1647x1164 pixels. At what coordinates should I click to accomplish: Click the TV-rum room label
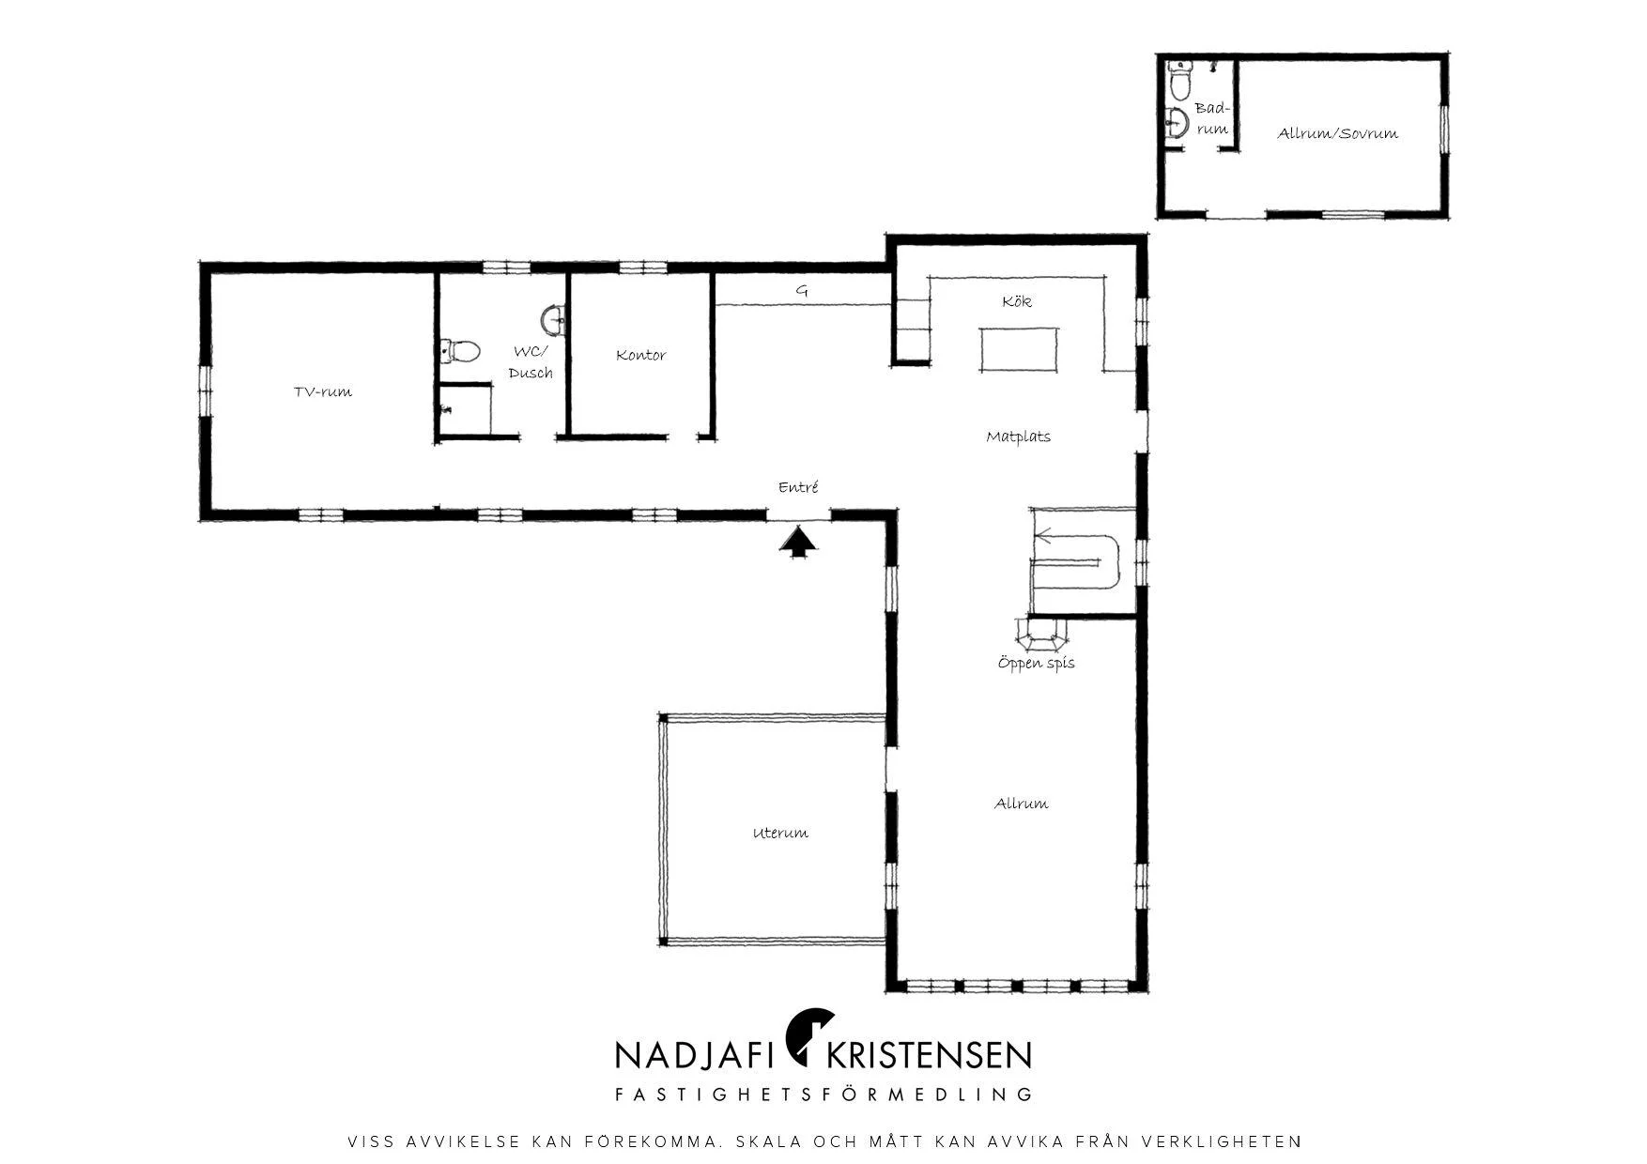(x=323, y=391)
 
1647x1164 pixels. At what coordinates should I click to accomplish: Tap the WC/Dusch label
(x=531, y=362)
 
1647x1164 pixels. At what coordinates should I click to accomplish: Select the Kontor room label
(x=641, y=355)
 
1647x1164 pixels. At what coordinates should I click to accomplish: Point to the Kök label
(x=1017, y=301)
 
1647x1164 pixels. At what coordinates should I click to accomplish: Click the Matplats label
(x=1019, y=436)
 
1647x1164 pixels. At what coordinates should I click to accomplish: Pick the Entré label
(x=798, y=487)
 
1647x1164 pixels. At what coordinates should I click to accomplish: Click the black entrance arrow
(x=798, y=543)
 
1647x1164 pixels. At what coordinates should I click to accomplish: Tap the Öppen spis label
(x=1037, y=663)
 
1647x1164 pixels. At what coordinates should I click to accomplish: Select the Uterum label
(x=780, y=833)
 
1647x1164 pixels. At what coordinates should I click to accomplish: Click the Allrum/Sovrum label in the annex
(x=1338, y=133)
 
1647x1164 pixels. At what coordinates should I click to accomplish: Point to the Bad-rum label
(x=1212, y=119)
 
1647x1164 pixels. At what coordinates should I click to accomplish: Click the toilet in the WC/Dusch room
(x=460, y=352)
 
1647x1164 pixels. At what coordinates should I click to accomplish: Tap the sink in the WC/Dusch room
(x=555, y=319)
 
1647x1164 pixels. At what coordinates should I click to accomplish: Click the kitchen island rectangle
(x=1019, y=349)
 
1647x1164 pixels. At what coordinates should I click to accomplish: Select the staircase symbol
(x=1082, y=561)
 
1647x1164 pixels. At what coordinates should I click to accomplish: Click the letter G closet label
(x=802, y=291)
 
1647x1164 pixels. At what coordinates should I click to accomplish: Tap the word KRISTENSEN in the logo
(x=928, y=1055)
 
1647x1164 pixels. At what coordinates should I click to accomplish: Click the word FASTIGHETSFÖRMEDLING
(x=823, y=1095)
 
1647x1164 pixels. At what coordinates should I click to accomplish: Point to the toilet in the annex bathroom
(x=1179, y=82)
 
